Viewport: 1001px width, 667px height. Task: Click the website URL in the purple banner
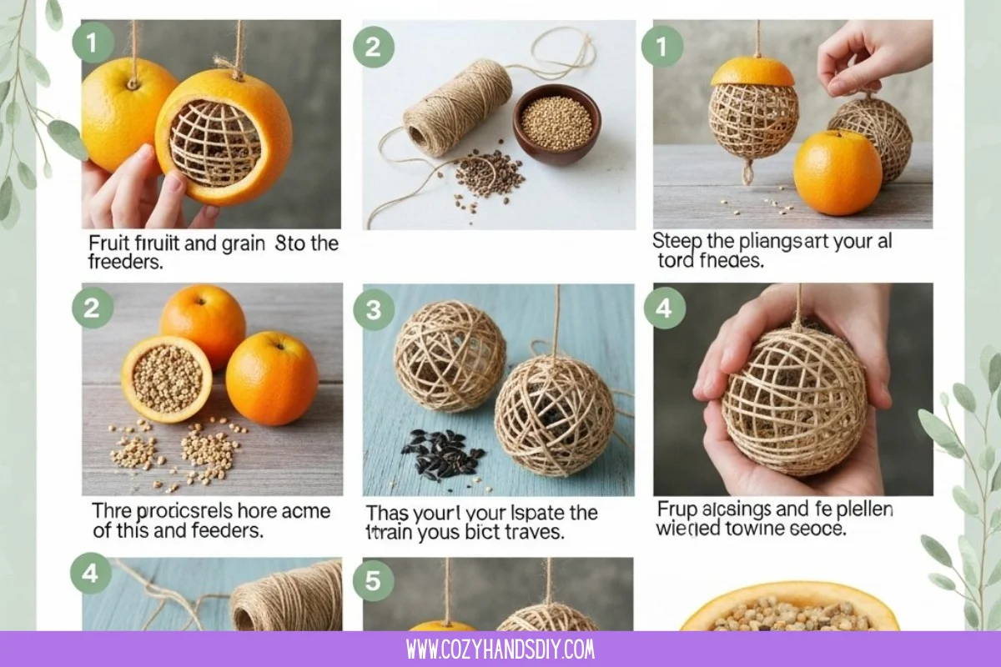pos(500,649)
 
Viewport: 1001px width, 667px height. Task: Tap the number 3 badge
pos(374,309)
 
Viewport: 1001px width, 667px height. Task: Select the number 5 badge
pos(373,580)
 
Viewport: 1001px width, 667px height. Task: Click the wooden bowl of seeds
pos(556,123)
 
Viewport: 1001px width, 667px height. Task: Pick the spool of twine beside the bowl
pos(458,107)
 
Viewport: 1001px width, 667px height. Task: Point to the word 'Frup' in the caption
pos(675,509)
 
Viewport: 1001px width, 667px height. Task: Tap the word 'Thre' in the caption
pos(111,510)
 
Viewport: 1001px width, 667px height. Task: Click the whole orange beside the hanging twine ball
pos(837,172)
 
